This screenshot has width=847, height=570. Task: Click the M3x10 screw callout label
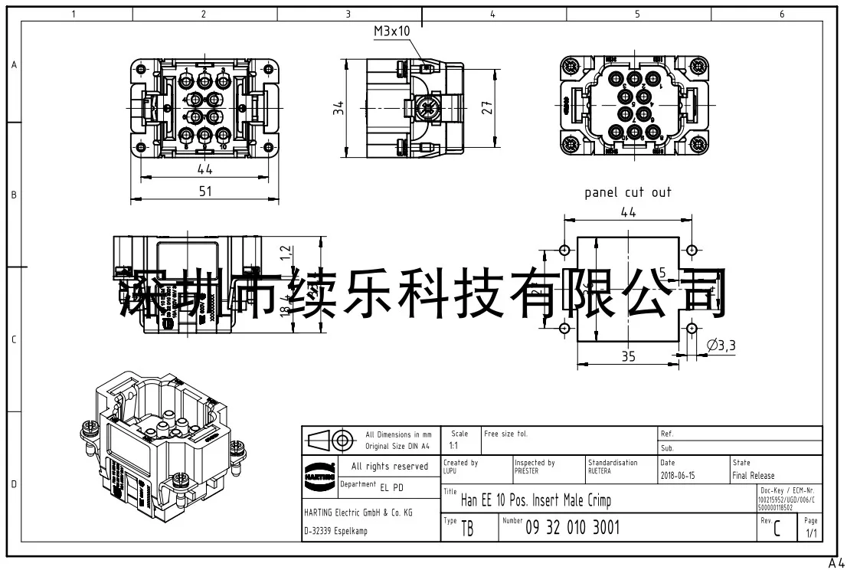click(x=392, y=31)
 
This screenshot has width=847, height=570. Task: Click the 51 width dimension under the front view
click(x=204, y=192)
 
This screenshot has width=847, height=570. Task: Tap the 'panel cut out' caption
click(x=627, y=192)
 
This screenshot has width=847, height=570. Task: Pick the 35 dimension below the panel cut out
click(x=627, y=356)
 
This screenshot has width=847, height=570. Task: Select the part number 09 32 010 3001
click(x=572, y=527)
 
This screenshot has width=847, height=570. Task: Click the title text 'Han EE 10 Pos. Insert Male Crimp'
click(x=535, y=502)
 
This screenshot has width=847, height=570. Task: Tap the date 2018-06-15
click(x=678, y=476)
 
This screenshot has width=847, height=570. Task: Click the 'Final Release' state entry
click(x=753, y=476)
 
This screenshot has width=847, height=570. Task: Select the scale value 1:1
click(x=453, y=445)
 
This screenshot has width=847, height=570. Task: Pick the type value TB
click(x=466, y=529)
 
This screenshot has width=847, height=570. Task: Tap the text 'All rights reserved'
click(x=389, y=467)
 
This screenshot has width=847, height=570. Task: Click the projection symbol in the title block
click(x=329, y=440)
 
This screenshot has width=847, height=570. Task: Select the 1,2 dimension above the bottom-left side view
click(x=285, y=250)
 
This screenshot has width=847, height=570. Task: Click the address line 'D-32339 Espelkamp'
click(x=335, y=532)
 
